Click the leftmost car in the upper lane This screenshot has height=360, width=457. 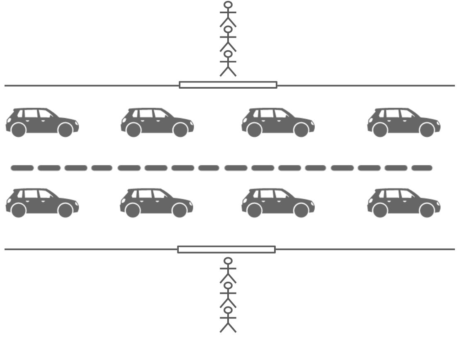coord(42,122)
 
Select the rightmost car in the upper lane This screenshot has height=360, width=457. coord(404,122)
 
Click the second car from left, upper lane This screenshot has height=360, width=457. coord(157,122)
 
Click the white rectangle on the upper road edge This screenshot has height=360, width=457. coord(228,85)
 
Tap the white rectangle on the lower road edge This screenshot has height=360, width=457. coord(226,249)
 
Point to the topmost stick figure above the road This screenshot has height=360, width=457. coord(228,14)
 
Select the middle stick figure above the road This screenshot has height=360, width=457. coord(228,39)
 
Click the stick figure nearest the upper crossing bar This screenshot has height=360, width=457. coord(228,64)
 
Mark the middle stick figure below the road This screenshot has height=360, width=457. coord(228,295)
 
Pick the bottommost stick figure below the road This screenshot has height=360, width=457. coord(228,320)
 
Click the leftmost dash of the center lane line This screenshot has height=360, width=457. coord(22,168)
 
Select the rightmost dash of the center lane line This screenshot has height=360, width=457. coord(422,168)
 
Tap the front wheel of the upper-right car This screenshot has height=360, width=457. coord(427,130)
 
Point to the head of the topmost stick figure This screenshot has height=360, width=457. coord(228,5)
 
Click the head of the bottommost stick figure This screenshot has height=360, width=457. coord(228,310)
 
